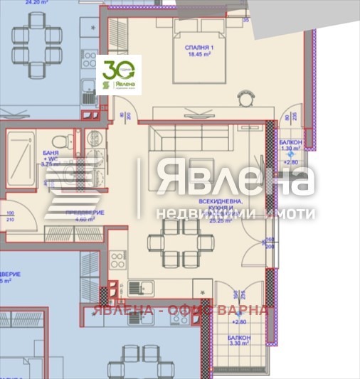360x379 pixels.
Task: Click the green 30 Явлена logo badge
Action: (x=119, y=75)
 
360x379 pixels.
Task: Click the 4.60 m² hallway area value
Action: (x=70, y=219)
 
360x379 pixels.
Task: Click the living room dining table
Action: (x=180, y=242)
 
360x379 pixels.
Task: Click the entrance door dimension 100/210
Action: (x=11, y=216)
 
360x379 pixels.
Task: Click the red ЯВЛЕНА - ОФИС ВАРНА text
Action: (x=180, y=310)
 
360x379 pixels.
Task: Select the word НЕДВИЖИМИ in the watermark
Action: (x=192, y=214)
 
